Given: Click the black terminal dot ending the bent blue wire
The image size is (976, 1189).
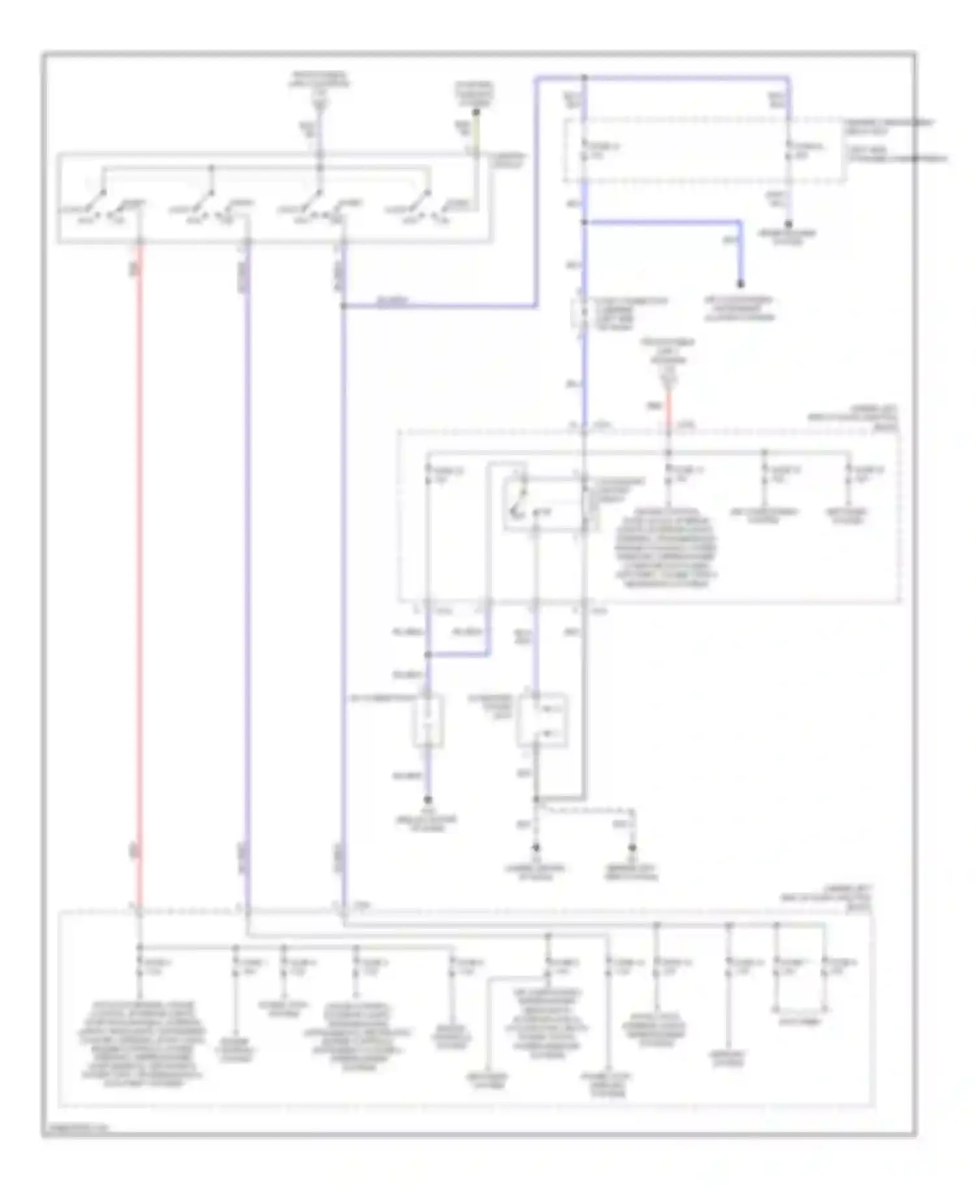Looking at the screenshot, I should coord(740,284).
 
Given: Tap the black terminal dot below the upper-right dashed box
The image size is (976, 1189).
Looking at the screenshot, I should coord(789,224).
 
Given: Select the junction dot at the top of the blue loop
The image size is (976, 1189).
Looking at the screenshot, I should coord(584,78).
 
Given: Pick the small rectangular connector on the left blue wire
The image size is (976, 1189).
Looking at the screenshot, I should coord(427,721).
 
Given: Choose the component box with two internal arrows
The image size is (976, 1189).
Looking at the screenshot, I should coord(541,721).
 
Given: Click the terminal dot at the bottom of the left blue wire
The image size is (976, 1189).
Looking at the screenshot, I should coord(427,800).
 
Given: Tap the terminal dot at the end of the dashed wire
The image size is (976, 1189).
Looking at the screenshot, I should coord(631,848).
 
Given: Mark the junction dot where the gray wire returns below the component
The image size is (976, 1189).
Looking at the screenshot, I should coord(536,799).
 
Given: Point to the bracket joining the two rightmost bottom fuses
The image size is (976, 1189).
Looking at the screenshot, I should coord(800,1009).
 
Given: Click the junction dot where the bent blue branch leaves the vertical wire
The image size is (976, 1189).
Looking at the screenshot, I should coord(584,222).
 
